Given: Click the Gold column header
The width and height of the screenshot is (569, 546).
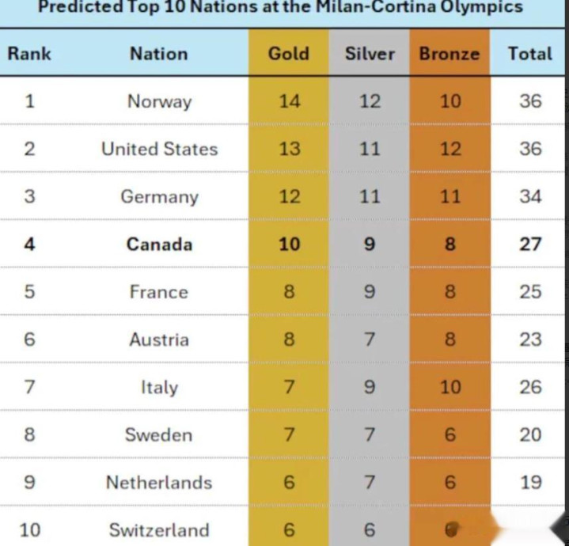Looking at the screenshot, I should click(289, 54).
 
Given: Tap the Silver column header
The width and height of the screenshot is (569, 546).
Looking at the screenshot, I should click(370, 54).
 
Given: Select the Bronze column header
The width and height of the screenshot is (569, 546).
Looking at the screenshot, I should click(450, 54).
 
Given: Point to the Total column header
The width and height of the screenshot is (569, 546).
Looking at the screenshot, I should click(530, 54).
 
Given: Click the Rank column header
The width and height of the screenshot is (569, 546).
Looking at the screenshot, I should click(29, 54).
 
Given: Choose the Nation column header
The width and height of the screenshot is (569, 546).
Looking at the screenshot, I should click(159, 54).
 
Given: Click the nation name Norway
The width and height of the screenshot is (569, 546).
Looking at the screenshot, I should click(159, 101).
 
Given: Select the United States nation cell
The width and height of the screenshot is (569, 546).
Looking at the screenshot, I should click(159, 149).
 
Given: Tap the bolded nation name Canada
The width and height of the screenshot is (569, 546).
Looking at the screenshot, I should click(159, 244).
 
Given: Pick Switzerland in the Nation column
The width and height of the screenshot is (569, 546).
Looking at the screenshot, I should click(159, 529).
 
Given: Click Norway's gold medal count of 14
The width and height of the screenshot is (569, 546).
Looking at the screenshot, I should click(289, 101).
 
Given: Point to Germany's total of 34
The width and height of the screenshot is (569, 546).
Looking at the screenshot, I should click(530, 196).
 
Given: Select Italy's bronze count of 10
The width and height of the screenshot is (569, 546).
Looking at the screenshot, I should click(450, 387).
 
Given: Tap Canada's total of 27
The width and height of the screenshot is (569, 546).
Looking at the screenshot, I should click(530, 244).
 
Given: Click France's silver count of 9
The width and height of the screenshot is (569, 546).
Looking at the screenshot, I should click(370, 292).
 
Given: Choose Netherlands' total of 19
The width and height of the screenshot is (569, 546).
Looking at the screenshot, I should click(530, 482).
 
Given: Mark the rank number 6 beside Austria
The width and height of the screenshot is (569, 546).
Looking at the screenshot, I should click(29, 339).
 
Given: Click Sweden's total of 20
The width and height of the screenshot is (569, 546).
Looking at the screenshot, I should click(530, 434).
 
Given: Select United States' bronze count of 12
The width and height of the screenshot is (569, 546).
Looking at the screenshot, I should click(450, 149).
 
